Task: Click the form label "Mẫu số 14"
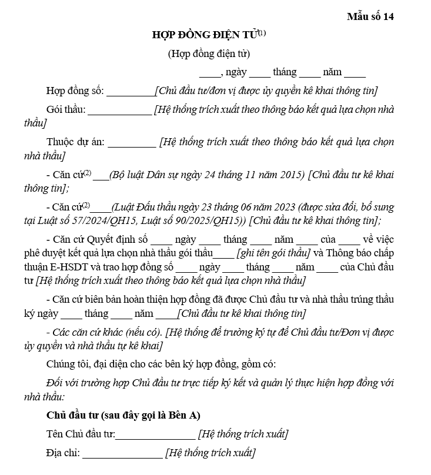pyautogui.click(x=370, y=16)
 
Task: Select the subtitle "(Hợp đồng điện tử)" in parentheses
pyautogui.click(x=209, y=54)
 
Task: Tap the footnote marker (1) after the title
pyautogui.click(x=262, y=33)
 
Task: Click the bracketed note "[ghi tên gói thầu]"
pyautogui.click(x=273, y=253)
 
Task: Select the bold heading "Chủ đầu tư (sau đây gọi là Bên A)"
pyautogui.click(x=123, y=416)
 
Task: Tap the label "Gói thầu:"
pyautogui.click(x=66, y=110)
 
